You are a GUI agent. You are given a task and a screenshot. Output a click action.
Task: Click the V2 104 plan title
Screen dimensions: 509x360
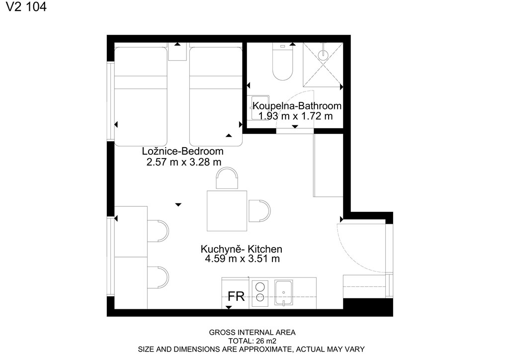click(26, 6)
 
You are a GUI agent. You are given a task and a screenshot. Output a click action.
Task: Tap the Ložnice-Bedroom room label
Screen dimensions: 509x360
click(182, 151)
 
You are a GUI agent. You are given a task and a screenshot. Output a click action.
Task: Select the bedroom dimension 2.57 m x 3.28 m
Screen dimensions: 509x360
click(184, 162)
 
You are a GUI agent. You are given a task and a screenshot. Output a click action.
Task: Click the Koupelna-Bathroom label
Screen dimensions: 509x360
click(297, 106)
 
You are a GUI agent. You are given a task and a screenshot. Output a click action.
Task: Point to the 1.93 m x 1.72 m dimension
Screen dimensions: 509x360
click(295, 116)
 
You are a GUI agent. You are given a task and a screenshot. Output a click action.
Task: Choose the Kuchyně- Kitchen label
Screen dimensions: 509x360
click(241, 249)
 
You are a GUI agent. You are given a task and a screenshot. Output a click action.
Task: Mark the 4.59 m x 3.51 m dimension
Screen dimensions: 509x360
click(242, 259)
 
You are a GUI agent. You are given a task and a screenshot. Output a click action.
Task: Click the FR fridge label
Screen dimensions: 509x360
click(236, 296)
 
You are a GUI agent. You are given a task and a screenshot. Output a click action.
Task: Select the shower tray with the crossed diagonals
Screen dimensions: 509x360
click(323, 65)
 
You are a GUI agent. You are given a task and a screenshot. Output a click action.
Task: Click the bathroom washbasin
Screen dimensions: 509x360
click(259, 107)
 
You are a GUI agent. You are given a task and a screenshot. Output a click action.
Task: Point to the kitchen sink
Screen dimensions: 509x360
click(283, 293)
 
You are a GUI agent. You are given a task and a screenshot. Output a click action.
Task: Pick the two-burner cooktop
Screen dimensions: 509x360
click(259, 292)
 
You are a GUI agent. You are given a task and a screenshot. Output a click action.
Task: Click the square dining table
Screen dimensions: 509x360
click(227, 211)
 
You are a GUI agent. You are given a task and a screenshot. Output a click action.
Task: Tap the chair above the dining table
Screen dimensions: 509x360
click(227, 178)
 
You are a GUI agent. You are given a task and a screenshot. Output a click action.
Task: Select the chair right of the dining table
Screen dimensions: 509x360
click(259, 211)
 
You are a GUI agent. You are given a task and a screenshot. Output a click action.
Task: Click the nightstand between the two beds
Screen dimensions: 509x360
click(177, 52)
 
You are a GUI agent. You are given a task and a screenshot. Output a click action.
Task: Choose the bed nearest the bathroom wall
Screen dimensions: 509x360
click(216, 97)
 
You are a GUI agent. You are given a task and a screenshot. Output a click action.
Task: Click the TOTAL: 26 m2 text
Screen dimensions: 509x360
click(252, 341)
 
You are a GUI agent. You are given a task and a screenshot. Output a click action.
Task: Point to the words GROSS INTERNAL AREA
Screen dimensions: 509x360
click(252, 333)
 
